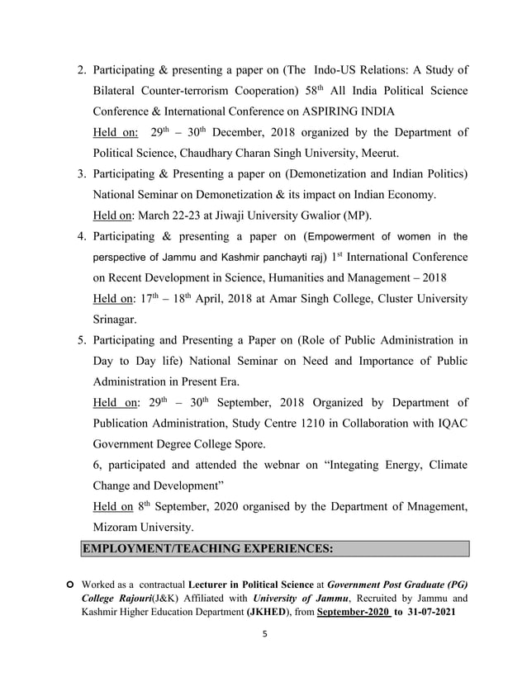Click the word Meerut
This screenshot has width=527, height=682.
pos(377,154)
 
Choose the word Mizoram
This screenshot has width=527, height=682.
pos(121,527)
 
